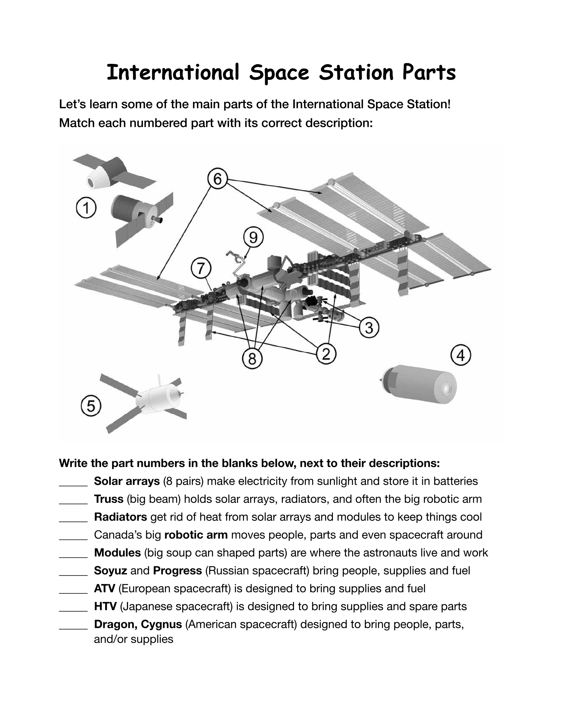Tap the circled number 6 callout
218,179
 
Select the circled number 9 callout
253,238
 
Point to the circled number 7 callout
201,268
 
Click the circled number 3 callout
369,328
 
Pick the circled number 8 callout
252,359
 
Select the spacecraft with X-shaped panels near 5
144,403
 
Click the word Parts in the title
429,72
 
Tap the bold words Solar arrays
127,481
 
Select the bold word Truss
109,499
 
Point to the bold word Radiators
121,517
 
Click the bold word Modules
117,553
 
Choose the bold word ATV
104,588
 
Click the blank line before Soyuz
73,575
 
